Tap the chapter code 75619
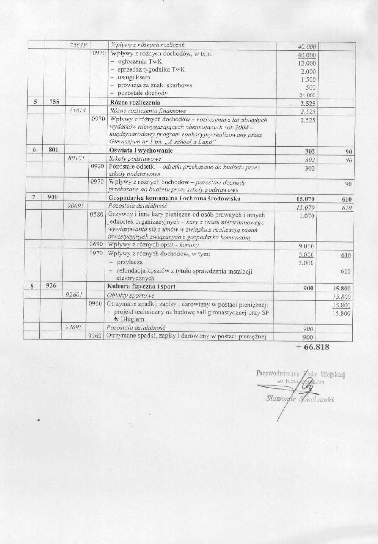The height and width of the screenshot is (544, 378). click(78, 45)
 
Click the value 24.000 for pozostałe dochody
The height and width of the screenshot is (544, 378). click(308, 95)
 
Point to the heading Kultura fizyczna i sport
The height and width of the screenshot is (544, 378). click(141, 287)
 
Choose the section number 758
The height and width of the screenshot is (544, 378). click(54, 102)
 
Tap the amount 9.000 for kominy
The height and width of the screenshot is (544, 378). click(306, 246)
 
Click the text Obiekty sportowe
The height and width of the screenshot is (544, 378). click(130, 296)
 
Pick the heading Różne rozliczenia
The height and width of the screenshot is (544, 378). click(134, 103)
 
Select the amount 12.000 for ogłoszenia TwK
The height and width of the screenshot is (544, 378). click(307, 63)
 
